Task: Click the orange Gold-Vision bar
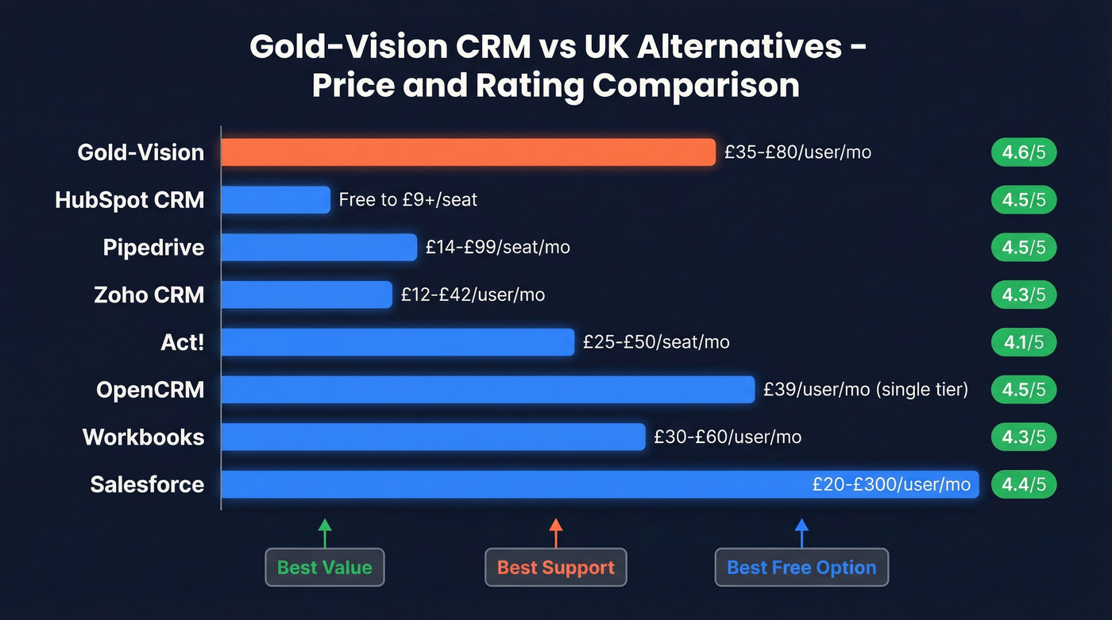click(468, 152)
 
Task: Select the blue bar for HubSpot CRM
click(275, 200)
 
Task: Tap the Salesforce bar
click(508, 484)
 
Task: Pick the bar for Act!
click(397, 342)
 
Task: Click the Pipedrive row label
click(153, 248)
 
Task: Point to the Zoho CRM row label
click(149, 295)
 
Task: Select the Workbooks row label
click(143, 437)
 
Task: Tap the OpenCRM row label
click(150, 390)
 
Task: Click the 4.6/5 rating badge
click(1023, 152)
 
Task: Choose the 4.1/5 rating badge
click(1023, 342)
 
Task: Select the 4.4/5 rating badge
click(1023, 484)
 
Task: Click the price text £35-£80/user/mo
click(797, 152)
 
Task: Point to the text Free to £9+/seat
click(407, 200)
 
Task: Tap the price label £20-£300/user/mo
click(891, 484)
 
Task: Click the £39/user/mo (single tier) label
click(866, 390)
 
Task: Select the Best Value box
click(324, 568)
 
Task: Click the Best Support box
click(555, 568)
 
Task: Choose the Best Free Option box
click(801, 568)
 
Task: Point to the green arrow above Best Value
click(324, 533)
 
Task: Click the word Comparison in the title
click(696, 85)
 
